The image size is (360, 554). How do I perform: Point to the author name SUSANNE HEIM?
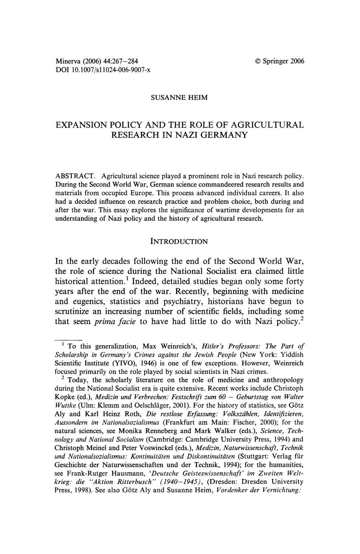pos(180,97)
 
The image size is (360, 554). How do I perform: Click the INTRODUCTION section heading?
pos(179,242)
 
